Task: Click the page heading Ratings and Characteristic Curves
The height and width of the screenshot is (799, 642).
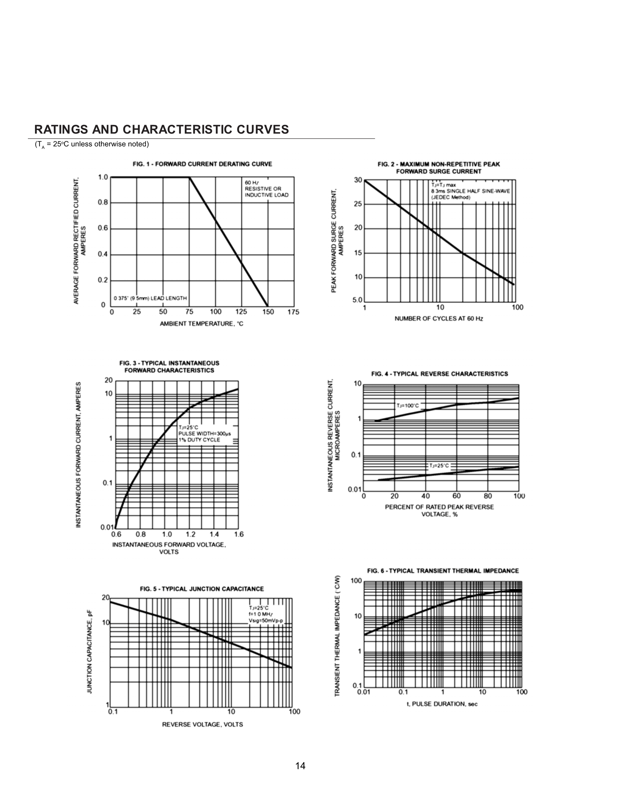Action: coord(161,129)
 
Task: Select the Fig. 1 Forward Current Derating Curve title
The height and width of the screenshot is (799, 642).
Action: coord(202,164)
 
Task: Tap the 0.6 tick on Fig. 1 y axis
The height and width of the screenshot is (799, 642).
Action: coord(103,228)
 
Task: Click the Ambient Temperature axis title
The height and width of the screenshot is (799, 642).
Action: coord(201,324)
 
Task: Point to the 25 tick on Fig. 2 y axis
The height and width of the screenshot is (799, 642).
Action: coord(358,204)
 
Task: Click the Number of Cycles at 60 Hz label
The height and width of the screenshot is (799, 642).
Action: coord(439,319)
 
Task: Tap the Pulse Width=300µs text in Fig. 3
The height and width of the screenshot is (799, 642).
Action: coord(205,434)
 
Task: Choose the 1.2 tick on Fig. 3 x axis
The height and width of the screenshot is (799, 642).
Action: coord(190,535)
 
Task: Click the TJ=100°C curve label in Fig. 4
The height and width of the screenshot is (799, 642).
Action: coord(408,406)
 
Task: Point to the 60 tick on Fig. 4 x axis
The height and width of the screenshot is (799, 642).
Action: coord(457,496)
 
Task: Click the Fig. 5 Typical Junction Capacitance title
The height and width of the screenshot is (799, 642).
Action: coord(202,589)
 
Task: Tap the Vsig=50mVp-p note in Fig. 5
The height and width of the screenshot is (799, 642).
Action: coord(266,621)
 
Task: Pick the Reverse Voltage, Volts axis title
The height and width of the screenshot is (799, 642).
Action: coord(202,725)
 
